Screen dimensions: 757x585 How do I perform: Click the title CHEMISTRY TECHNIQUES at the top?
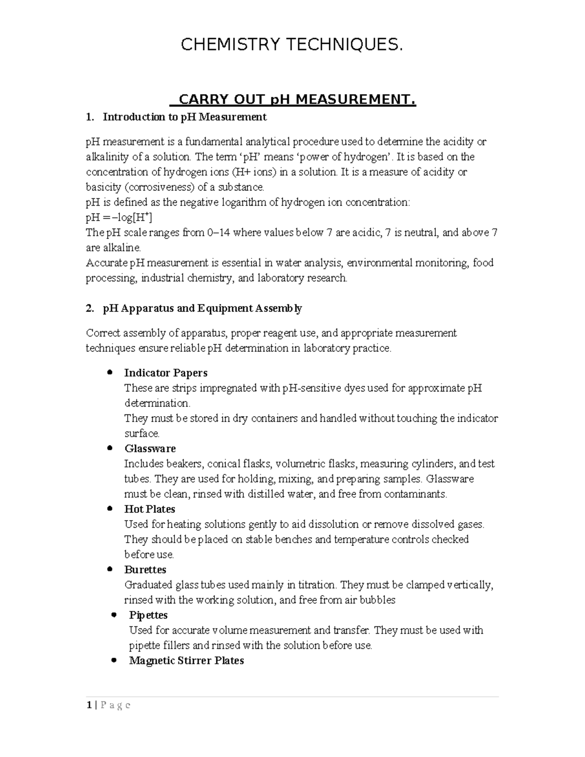pyautogui.click(x=292, y=45)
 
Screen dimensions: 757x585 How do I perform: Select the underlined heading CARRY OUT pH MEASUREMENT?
pyautogui.click(x=297, y=100)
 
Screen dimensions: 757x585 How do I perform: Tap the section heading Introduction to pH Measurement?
pyautogui.click(x=185, y=117)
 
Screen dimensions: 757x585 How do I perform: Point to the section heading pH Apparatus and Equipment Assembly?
pyautogui.click(x=202, y=309)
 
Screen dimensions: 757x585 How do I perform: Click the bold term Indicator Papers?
pyautogui.click(x=166, y=373)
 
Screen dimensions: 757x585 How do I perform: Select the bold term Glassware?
pyautogui.click(x=150, y=448)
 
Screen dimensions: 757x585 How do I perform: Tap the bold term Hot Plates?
pyautogui.click(x=150, y=509)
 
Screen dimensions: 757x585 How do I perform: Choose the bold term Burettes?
pyautogui.click(x=145, y=570)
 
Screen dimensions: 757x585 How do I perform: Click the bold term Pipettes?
pyautogui.click(x=148, y=615)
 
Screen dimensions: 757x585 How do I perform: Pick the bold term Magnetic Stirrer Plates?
pyautogui.click(x=186, y=661)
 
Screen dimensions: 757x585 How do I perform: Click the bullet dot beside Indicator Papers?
pyautogui.click(x=110, y=372)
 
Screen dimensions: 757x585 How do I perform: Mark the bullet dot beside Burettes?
pyautogui.click(x=110, y=569)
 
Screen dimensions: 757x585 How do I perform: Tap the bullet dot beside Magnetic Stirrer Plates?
pyautogui.click(x=114, y=660)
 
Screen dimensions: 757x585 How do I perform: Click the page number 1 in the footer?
pyautogui.click(x=89, y=705)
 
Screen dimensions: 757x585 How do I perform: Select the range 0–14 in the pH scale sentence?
pyautogui.click(x=218, y=233)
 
